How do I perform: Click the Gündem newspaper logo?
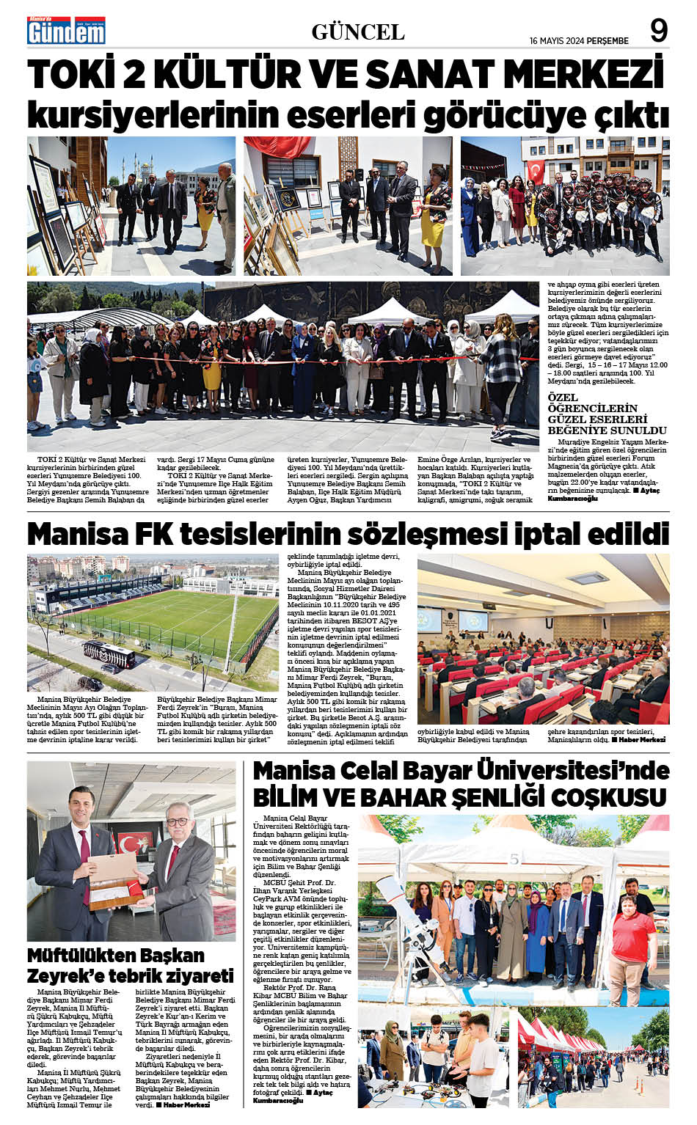pos(67,32)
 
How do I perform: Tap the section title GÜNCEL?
pos(357,32)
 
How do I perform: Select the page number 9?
pos(658,32)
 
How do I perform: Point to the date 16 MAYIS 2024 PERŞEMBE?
pos(579,41)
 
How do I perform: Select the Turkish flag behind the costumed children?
pos(536,172)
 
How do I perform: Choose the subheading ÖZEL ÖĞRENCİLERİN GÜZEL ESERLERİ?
pos(597,414)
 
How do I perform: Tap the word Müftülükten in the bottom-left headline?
pos(81,956)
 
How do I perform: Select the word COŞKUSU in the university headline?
pos(609,797)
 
